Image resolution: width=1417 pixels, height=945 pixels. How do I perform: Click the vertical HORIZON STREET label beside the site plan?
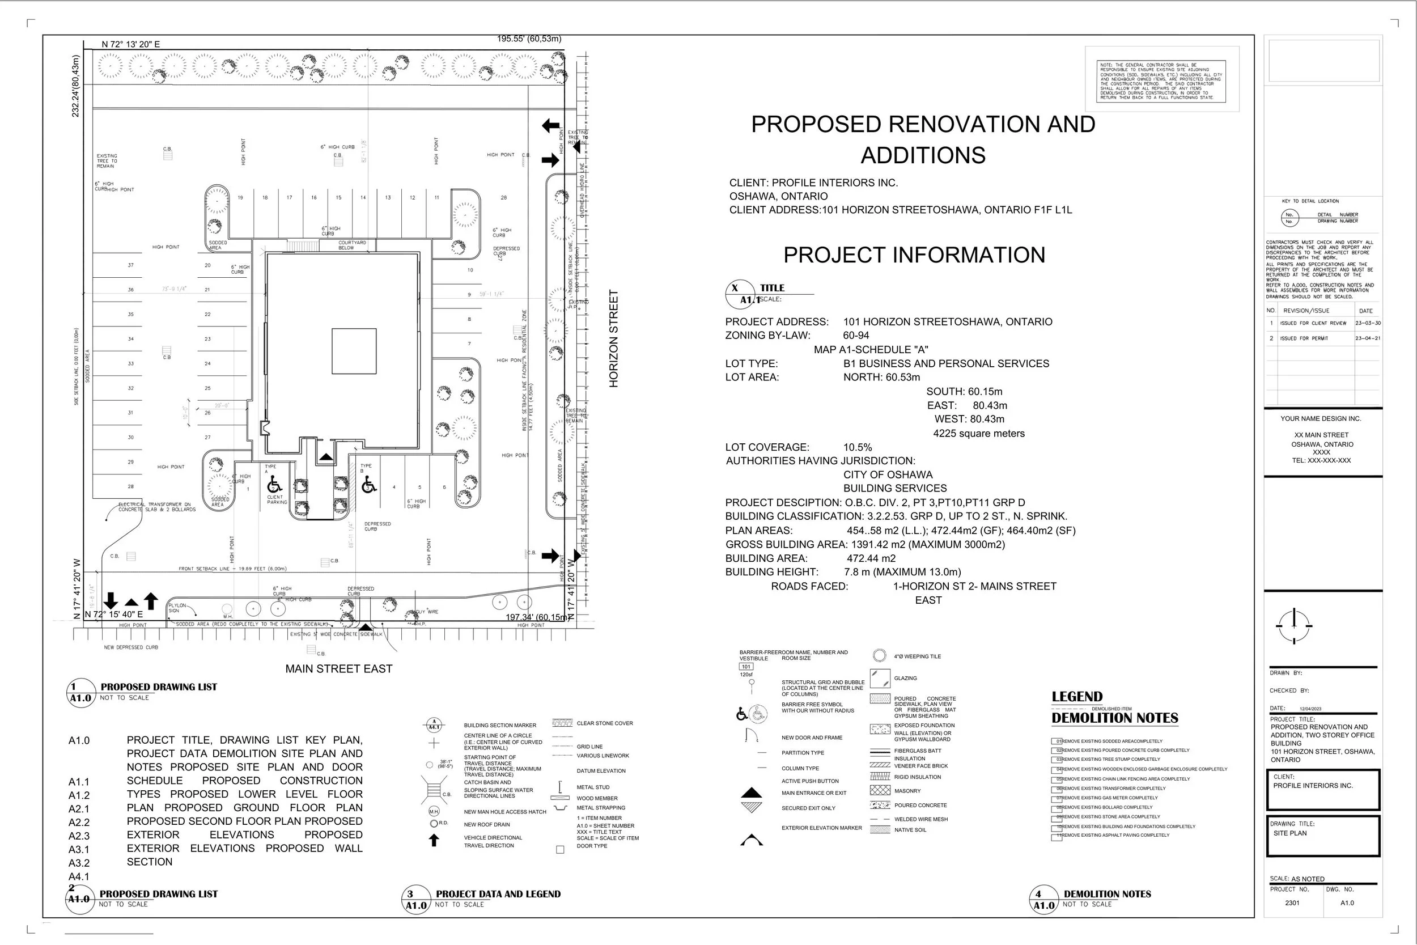point(613,338)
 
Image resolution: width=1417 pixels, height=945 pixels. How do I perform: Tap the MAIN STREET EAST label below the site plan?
point(338,669)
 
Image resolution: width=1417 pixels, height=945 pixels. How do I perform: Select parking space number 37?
point(131,265)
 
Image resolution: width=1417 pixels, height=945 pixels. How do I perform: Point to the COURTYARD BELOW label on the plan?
point(353,245)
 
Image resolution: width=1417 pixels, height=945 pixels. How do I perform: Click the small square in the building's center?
point(354,351)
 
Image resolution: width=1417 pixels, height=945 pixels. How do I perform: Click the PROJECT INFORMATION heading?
point(914,255)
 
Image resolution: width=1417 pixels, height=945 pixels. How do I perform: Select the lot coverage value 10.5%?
point(858,447)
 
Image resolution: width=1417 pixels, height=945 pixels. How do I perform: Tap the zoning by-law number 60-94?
point(855,336)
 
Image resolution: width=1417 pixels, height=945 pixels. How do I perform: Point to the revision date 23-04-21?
point(1368,338)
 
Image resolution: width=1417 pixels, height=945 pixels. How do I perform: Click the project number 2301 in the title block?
point(1292,903)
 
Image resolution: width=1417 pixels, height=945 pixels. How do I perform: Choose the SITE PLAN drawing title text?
point(1290,833)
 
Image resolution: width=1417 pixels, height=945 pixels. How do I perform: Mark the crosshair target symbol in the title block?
point(1293,626)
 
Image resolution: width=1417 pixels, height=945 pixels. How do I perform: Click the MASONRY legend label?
point(907,791)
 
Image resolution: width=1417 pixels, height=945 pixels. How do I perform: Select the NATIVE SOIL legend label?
point(910,830)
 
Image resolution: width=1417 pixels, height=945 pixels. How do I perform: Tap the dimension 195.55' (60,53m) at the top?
point(529,39)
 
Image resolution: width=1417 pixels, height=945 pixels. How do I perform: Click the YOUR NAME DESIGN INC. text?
point(1321,419)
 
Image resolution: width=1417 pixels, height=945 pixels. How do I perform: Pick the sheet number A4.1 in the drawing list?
point(79,877)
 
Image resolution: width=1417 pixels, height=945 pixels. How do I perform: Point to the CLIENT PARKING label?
point(277,499)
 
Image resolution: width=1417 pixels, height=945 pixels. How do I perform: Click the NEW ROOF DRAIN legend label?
point(487,824)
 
